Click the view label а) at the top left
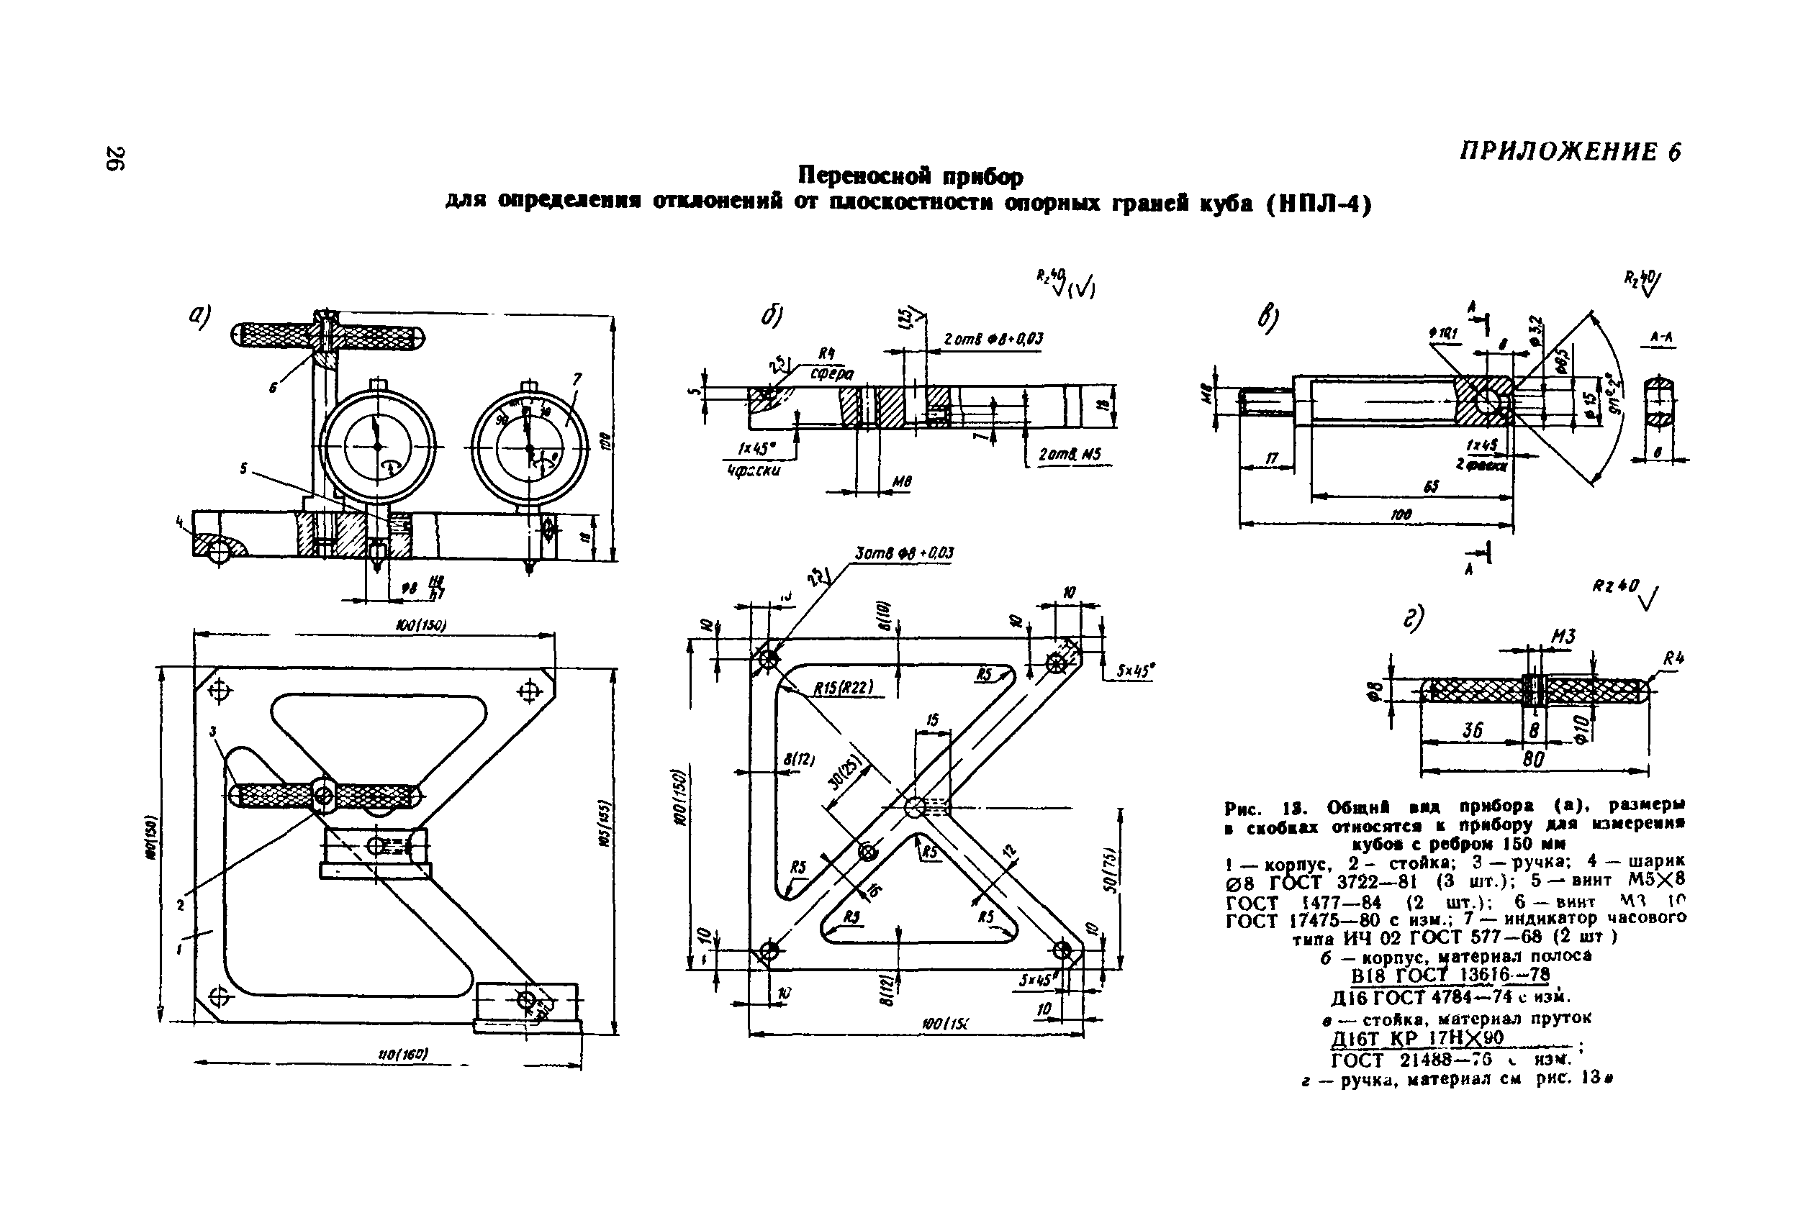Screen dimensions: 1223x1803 click(199, 315)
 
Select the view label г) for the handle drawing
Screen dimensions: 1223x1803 click(1414, 619)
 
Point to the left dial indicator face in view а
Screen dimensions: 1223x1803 click(377, 447)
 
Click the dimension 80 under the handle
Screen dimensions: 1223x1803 click(1533, 760)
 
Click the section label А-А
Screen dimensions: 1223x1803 click(1661, 337)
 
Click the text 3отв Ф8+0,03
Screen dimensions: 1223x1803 click(904, 553)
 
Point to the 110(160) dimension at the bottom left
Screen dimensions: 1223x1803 click(402, 1055)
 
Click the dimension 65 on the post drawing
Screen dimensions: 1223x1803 click(1428, 487)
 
